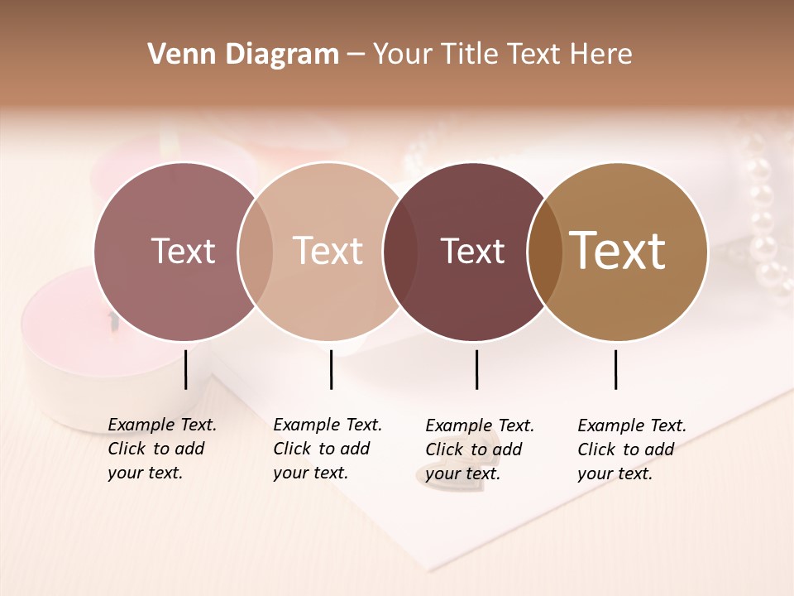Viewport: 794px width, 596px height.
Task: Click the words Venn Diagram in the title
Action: tap(243, 55)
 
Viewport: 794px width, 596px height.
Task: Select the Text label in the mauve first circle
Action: tap(183, 251)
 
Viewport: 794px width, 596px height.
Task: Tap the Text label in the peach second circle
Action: tap(328, 251)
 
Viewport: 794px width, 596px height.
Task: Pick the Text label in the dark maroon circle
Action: tap(473, 251)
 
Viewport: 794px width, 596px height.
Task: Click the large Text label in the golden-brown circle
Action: tap(618, 251)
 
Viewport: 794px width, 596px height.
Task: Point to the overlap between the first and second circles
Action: tap(256, 252)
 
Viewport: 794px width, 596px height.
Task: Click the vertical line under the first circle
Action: tap(186, 369)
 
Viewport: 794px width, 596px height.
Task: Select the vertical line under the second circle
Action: tap(331, 369)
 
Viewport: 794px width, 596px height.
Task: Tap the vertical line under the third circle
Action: tap(477, 369)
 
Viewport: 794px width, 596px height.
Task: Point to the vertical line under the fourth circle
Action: tap(616, 369)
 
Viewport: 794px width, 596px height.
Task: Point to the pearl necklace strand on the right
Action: tap(765, 223)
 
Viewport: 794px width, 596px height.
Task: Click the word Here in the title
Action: tap(602, 55)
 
